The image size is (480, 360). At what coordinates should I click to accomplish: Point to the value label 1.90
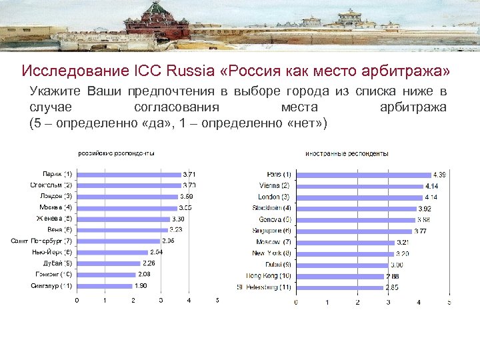pyautogui.click(x=141, y=286)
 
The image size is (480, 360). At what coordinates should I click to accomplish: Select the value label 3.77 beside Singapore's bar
pyautogui.click(x=420, y=231)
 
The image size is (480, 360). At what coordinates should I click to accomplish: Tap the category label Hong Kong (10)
pyautogui.click(x=269, y=276)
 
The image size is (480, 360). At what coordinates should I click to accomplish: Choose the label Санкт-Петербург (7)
pyautogui.click(x=42, y=241)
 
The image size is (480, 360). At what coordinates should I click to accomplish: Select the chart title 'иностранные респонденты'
pyautogui.click(x=347, y=153)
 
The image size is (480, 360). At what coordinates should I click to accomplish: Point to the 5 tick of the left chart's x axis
pyautogui.click(x=217, y=300)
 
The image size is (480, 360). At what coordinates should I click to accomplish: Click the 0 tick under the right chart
pyautogui.click(x=296, y=302)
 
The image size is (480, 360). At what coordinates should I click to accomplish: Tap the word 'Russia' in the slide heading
pyautogui.click(x=193, y=70)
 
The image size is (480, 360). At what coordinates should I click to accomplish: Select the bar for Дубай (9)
pyautogui.click(x=108, y=263)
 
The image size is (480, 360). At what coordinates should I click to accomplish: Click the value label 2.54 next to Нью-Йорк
pyautogui.click(x=156, y=252)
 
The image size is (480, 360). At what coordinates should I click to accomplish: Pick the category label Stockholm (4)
pyautogui.click(x=270, y=208)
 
